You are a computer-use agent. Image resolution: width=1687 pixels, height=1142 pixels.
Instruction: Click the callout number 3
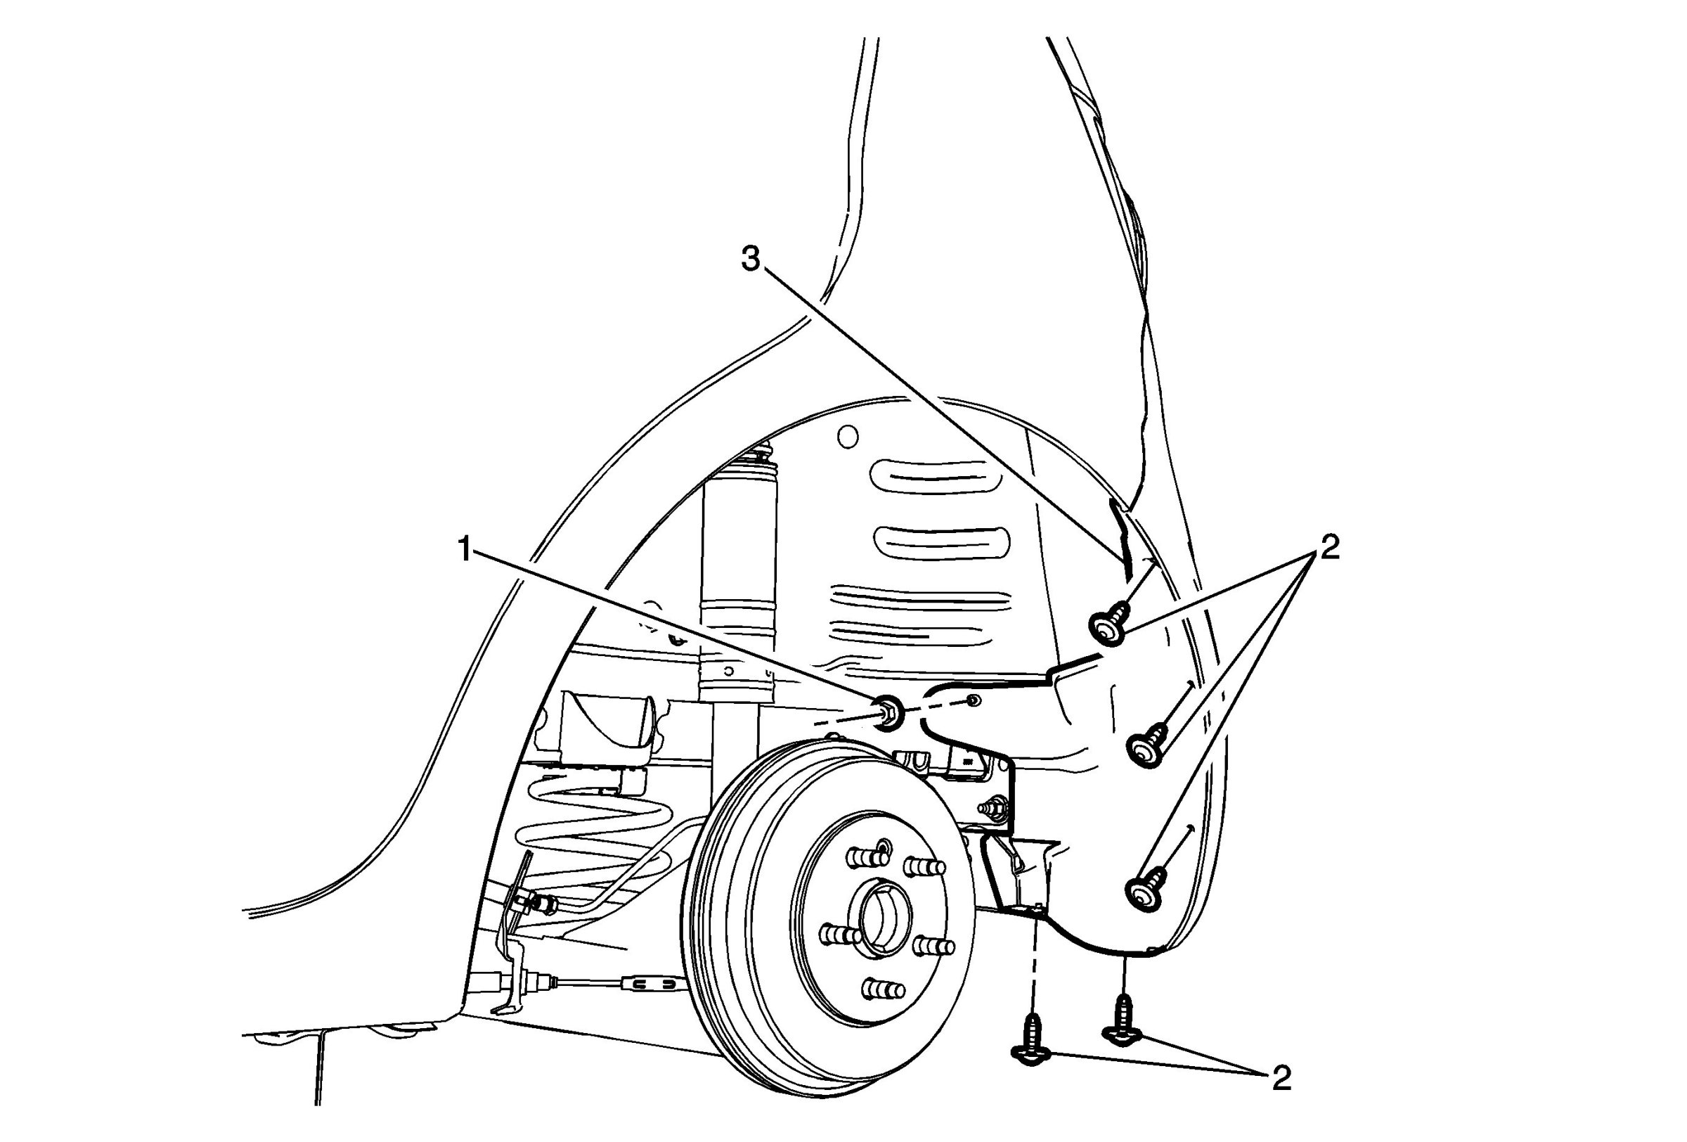pos(751,259)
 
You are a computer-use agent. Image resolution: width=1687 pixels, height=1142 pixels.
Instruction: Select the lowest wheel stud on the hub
pos(884,989)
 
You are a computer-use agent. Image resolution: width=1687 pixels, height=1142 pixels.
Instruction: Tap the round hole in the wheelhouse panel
pos(847,436)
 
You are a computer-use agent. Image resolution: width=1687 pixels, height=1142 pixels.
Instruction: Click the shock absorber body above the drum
pos(737,581)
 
